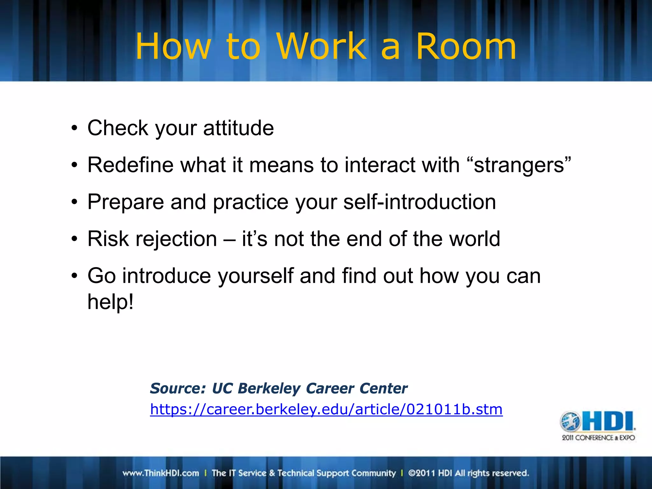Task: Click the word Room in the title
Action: point(466,47)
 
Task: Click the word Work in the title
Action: point(322,47)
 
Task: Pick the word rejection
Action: point(176,239)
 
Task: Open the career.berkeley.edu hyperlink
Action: point(326,409)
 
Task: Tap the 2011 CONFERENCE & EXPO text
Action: point(598,438)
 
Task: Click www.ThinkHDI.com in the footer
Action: point(161,473)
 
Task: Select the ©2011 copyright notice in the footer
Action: point(468,473)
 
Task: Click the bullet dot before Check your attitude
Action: point(74,129)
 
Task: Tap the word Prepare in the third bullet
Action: point(125,202)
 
